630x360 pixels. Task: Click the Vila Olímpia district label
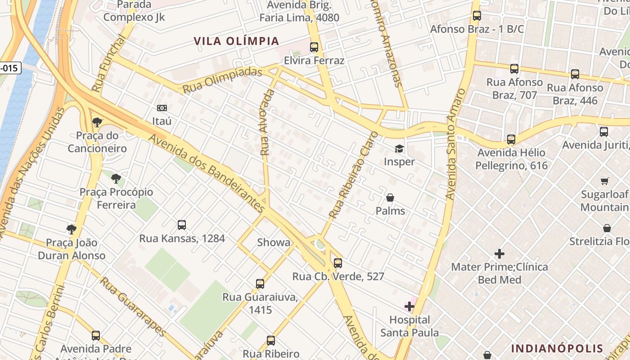[x=236, y=41]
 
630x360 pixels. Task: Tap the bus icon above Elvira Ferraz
[x=314, y=47]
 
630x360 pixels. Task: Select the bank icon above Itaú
[x=162, y=108]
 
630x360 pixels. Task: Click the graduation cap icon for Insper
[x=399, y=148]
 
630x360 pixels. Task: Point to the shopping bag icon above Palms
[x=390, y=198]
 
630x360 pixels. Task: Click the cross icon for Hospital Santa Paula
[x=409, y=307]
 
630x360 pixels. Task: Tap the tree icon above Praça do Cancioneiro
[x=97, y=122]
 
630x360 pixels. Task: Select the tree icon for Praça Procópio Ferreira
[x=116, y=179]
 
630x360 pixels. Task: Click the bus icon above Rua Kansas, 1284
[x=182, y=225]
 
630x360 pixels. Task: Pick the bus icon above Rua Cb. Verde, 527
[x=338, y=263]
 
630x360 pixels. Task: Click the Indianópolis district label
[x=557, y=348]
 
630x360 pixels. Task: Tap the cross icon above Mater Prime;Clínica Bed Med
[x=499, y=254]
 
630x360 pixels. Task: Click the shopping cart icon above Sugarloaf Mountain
[x=605, y=181]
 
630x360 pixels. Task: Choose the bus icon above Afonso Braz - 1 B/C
[x=477, y=16]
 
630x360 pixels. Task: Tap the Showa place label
[x=274, y=242]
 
